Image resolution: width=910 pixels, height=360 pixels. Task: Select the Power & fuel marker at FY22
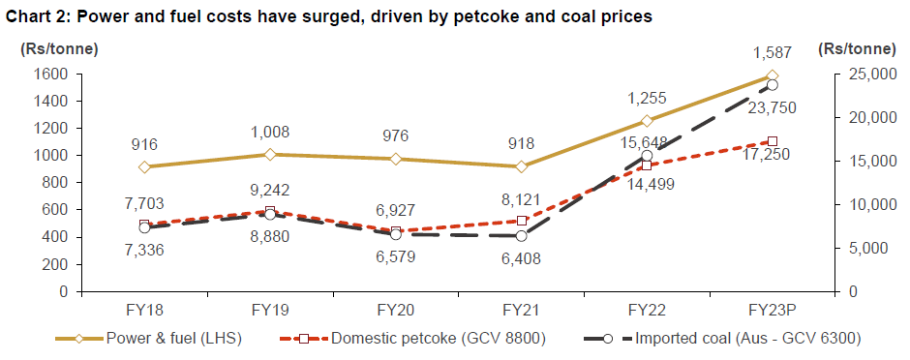pyautogui.click(x=647, y=121)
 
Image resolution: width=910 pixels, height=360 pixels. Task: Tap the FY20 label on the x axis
pyautogui.click(x=395, y=310)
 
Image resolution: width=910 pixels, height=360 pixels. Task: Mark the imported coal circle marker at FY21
pyautogui.click(x=522, y=236)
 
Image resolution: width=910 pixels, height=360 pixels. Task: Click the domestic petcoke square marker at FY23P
pyautogui.click(x=772, y=141)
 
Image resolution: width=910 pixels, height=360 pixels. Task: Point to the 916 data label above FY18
pyautogui.click(x=144, y=145)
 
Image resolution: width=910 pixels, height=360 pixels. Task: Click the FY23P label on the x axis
pyautogui.click(x=772, y=310)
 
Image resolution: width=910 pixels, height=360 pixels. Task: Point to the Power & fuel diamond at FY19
pyautogui.click(x=270, y=155)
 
